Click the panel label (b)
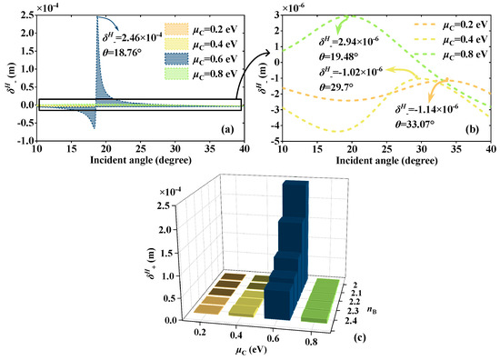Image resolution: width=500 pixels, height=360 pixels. [x=475, y=128]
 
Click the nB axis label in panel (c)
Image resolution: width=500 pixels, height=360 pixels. [x=350, y=293]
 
